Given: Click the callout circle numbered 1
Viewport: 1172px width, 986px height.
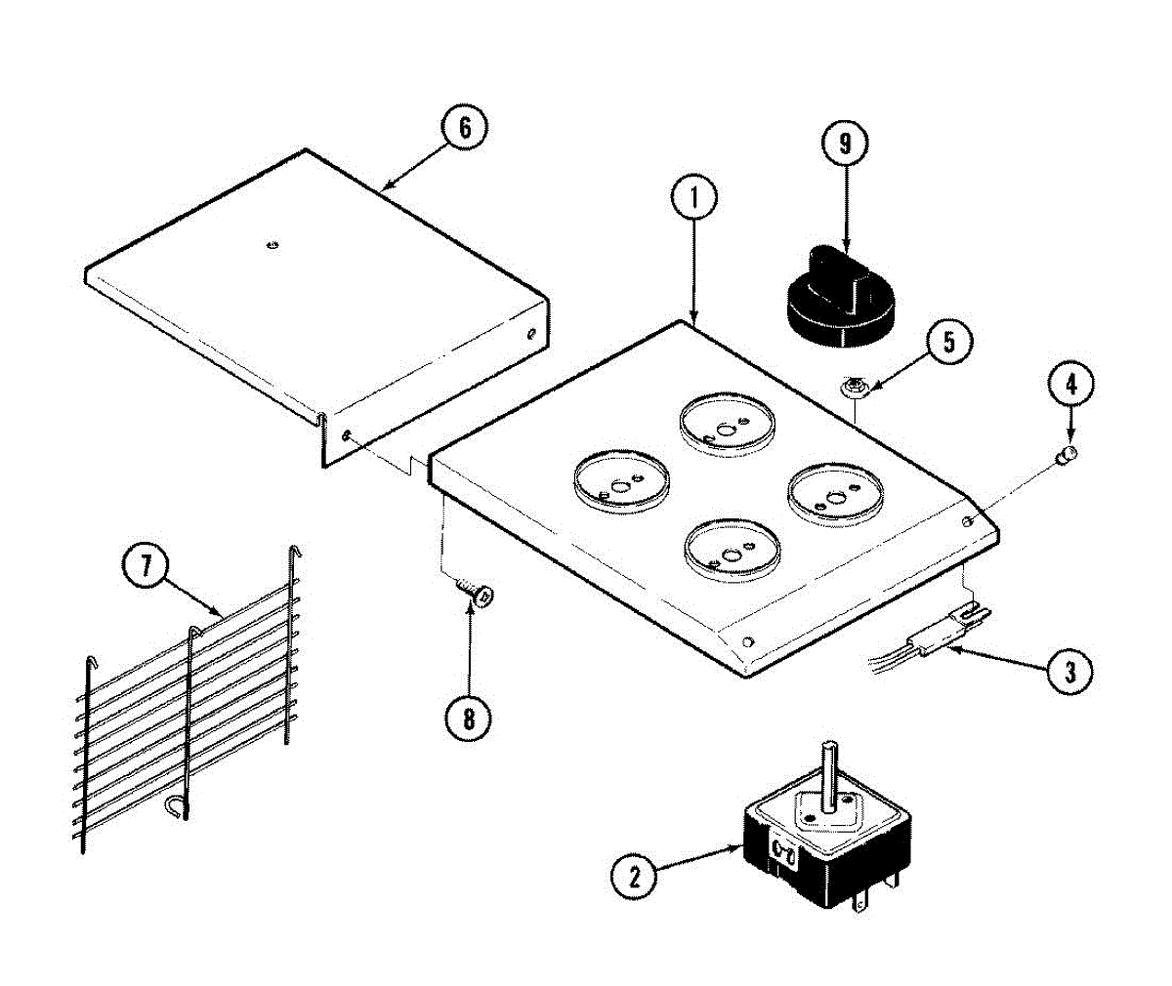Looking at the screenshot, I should point(694,199).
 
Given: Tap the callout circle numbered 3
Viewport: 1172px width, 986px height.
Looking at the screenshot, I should point(1069,671).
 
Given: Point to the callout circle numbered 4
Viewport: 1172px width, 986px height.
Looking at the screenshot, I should point(1070,385).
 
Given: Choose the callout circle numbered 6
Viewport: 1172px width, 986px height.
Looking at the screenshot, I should point(463,129).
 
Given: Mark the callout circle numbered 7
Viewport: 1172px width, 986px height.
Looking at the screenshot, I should point(146,568).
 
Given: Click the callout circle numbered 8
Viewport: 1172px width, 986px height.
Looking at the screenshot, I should point(468,719).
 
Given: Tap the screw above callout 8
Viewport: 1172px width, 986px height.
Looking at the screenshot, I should point(475,590).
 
